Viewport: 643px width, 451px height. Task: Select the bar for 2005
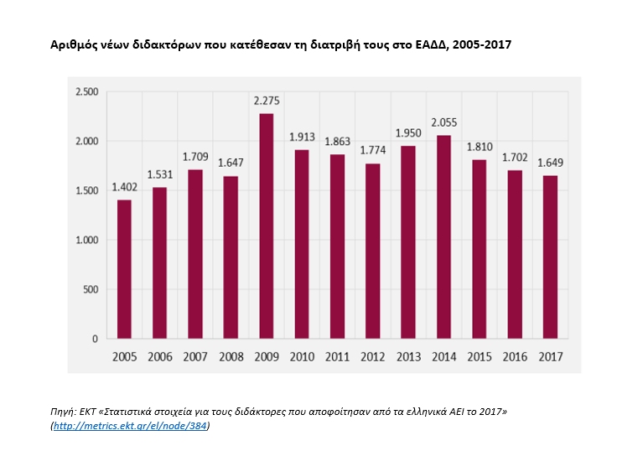124,269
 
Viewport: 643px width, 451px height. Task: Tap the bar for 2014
444,237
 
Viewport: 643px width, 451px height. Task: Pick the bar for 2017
550,257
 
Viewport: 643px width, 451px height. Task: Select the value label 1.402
124,189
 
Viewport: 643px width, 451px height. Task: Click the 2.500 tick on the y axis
86,92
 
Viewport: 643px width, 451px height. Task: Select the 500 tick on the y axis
90,289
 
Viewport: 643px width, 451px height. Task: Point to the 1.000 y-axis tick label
86,240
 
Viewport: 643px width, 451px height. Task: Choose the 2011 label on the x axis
337,357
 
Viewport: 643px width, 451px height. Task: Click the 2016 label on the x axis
515,357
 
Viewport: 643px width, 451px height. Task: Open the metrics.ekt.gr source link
131,426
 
